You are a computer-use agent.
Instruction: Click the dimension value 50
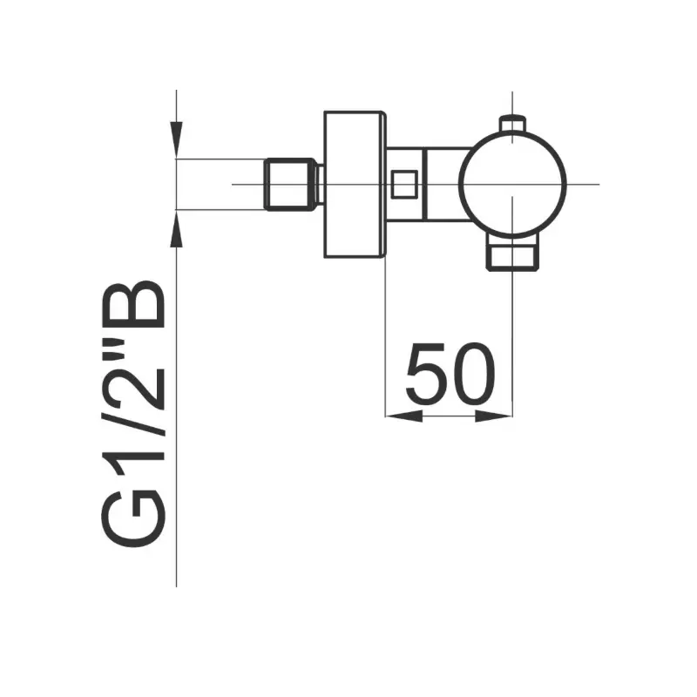coord(450,374)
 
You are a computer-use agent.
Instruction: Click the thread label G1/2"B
coord(134,413)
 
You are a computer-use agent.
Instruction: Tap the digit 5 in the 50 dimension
coord(426,374)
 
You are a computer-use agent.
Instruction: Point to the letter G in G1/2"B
coord(134,518)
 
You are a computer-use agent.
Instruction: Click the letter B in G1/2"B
coord(134,304)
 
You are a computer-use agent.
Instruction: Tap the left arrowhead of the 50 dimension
coord(403,416)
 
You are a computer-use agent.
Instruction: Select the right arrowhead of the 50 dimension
coord(494,416)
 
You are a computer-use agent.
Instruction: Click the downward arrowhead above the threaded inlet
coord(177,139)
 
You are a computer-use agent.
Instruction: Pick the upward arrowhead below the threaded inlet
coord(177,228)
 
